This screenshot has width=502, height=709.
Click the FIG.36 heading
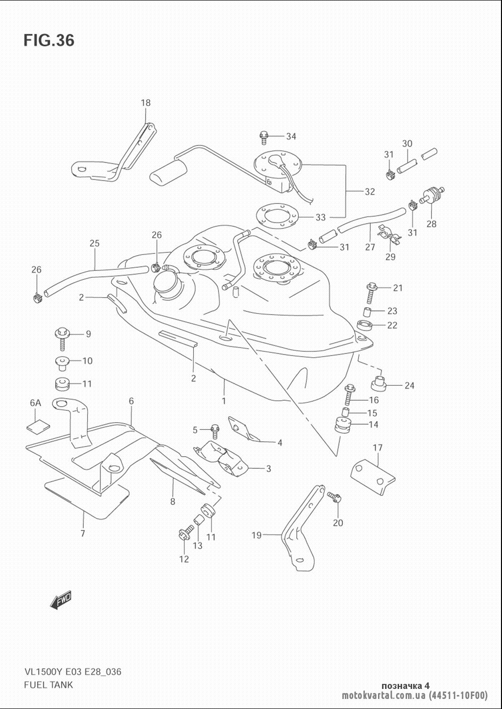[x=49, y=40]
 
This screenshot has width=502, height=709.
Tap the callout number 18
[x=145, y=103]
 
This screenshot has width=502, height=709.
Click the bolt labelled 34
[x=264, y=136]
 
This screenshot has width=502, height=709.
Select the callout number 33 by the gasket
[x=320, y=217]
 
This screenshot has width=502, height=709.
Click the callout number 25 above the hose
[x=94, y=244]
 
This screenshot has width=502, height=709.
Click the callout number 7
[x=83, y=534]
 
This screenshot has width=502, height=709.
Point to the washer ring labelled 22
[x=366, y=325]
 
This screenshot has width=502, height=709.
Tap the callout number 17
[x=378, y=448]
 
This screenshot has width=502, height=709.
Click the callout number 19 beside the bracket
[x=257, y=535]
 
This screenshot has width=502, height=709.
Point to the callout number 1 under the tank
[x=224, y=401]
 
